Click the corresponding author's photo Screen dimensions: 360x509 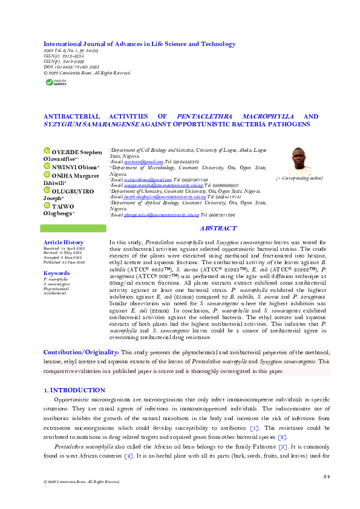point(300,161)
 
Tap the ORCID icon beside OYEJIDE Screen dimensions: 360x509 point(46,151)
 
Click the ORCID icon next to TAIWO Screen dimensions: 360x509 point(46,205)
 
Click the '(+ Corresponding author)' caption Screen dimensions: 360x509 point(299,178)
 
